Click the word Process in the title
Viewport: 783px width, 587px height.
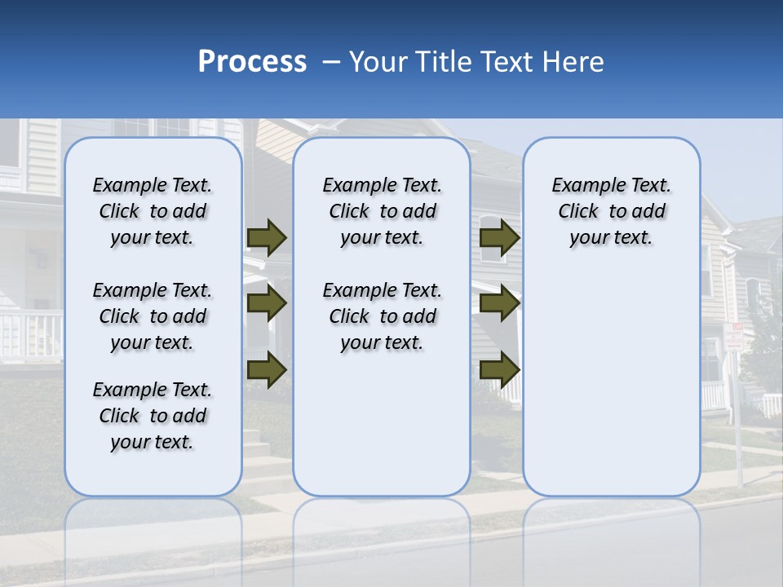252,62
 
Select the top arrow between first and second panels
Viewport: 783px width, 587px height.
267,237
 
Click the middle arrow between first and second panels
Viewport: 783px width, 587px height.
267,303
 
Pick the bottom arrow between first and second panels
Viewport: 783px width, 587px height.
267,369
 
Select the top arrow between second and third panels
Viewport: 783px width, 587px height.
500,237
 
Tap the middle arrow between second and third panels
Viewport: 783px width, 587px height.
500,303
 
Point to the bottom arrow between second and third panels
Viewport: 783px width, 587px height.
500,369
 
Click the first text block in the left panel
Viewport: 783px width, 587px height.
153,211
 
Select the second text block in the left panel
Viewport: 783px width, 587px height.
153,316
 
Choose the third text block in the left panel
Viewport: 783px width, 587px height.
153,416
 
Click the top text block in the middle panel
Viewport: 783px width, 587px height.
383,211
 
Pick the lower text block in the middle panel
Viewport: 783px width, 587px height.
383,316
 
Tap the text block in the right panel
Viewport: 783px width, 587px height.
612,211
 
